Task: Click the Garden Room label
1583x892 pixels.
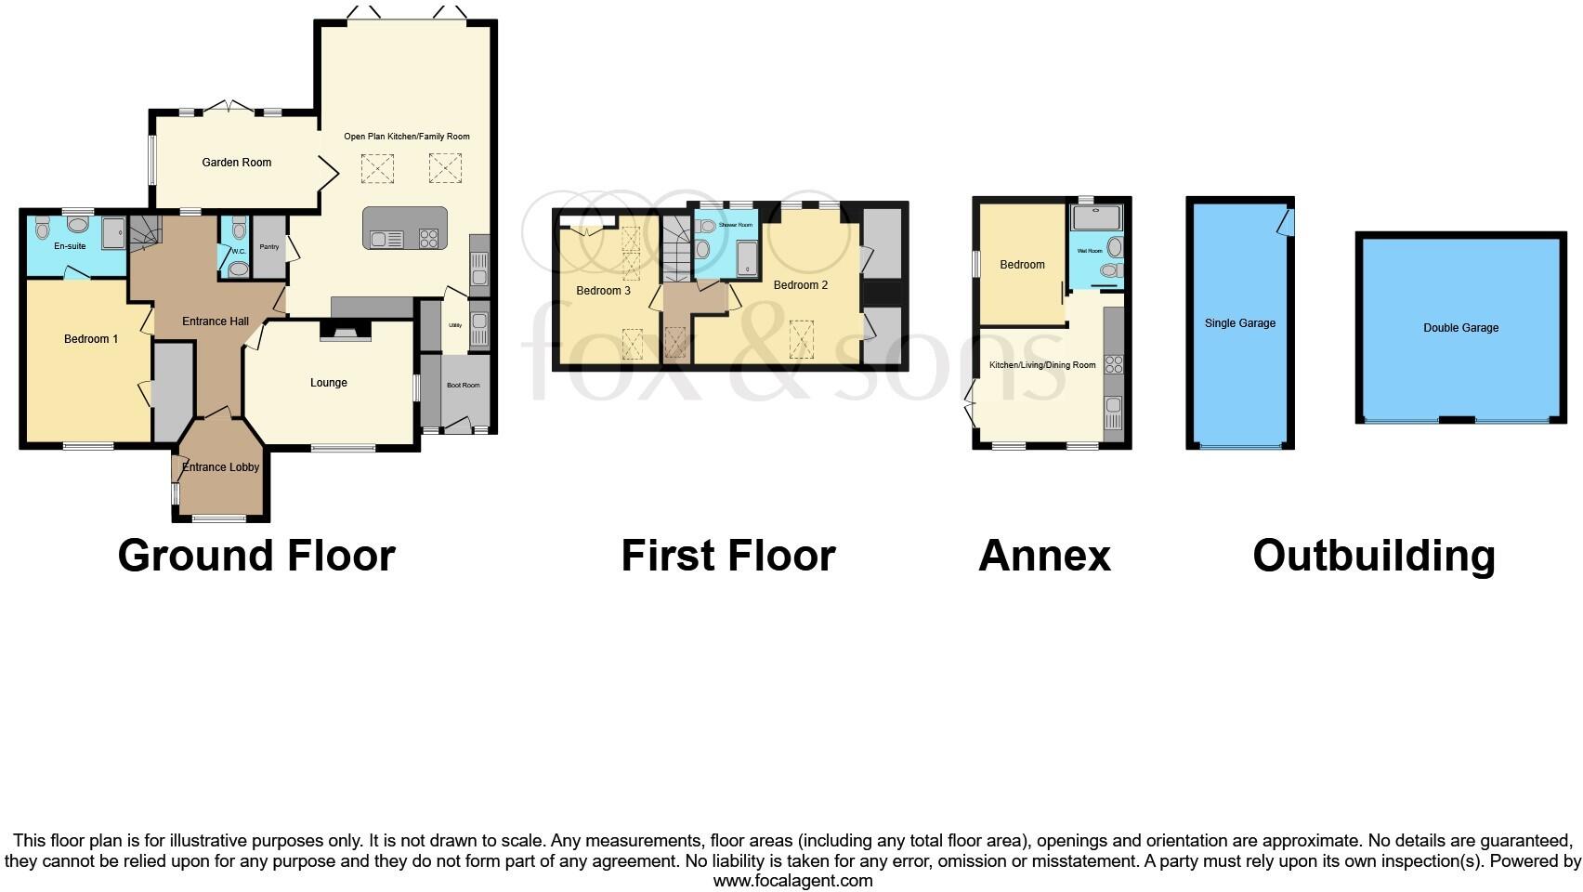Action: coord(237,163)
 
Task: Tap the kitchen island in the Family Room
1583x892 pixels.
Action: coord(405,228)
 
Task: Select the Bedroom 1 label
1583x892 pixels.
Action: coord(91,339)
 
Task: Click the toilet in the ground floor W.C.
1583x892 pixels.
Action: coord(239,269)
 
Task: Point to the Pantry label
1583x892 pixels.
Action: coord(269,247)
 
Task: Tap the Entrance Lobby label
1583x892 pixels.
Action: coord(221,467)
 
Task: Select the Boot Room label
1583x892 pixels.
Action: coord(464,385)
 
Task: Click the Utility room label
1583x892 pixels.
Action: coord(455,325)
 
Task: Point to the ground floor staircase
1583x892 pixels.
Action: coord(145,232)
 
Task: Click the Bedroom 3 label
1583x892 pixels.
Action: coord(603,291)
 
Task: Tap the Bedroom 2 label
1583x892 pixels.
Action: coord(800,285)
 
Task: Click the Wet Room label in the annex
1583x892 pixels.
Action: coord(1089,252)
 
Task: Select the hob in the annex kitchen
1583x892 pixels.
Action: coord(1113,364)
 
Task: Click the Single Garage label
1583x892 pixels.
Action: coord(1240,323)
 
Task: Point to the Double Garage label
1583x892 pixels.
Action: coord(1460,328)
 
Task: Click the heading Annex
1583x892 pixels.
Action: coord(1044,556)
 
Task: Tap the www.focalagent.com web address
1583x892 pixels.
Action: coord(792,880)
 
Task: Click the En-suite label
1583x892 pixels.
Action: coord(70,246)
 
